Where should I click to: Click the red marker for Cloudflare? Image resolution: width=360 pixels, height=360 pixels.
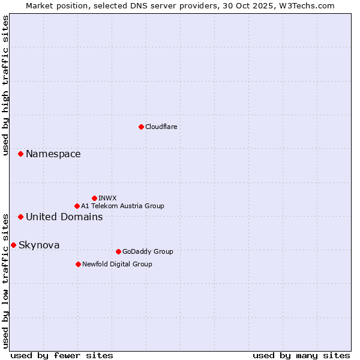141,127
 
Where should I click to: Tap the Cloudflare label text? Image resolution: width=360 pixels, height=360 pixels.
161,127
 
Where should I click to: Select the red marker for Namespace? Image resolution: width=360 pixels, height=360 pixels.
20,154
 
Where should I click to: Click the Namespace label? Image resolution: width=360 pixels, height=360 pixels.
53,154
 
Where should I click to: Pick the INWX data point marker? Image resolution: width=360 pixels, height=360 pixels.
94,198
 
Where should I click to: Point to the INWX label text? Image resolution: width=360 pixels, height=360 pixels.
107,198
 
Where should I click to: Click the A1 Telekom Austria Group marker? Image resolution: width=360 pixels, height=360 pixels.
77,206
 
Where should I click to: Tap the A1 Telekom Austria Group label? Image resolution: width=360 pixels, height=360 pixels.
122,206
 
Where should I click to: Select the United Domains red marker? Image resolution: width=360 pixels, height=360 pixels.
20,217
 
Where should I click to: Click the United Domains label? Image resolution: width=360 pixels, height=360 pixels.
64,217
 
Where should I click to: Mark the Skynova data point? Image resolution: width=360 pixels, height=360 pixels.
13,245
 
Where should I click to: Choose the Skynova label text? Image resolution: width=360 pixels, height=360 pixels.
39,245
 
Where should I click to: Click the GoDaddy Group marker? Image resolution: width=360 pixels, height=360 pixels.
118,251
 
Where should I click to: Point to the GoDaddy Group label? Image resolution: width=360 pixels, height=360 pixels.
147,251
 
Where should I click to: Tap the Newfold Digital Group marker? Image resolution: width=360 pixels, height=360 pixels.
78,264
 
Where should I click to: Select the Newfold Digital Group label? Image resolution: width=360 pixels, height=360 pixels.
117,264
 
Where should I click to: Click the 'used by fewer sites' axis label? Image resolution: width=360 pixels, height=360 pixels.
62,355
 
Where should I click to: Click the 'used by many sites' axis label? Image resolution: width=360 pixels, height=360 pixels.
301,355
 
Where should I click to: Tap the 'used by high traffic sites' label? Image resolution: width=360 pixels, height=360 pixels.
5,85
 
